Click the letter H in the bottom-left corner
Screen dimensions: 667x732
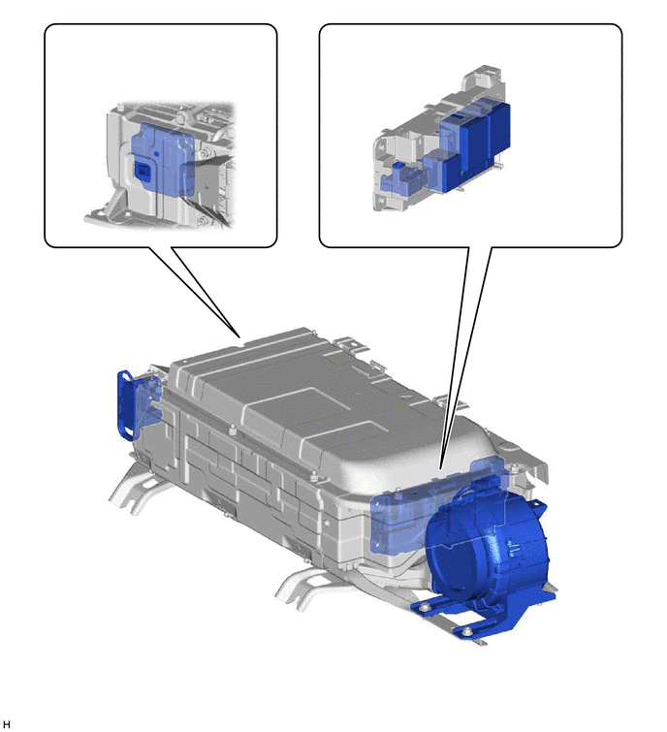tap(6, 724)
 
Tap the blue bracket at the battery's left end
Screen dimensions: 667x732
tap(126, 405)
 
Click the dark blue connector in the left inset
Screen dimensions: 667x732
tap(142, 171)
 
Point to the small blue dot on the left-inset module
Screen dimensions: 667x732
tap(157, 152)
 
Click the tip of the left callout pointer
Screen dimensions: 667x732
tap(239, 336)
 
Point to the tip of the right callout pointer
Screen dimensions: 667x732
tap(440, 468)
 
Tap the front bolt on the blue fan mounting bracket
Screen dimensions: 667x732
tap(466, 632)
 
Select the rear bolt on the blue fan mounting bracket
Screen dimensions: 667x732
tap(425, 607)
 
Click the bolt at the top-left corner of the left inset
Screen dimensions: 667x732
tap(121, 104)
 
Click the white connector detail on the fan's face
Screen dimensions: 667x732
tap(513, 549)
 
